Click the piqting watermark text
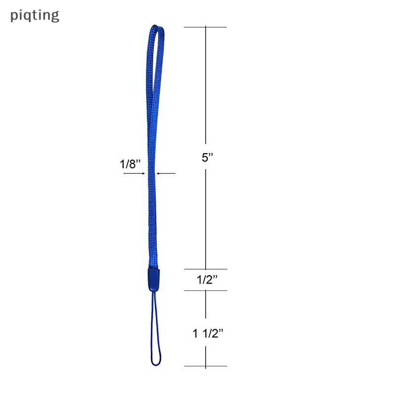coord(34,16)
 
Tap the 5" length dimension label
coord(207,158)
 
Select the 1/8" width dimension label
coord(130,164)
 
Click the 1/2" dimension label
coord(207,280)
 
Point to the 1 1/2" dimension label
coord(208,333)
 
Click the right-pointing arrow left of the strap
coord(134,173)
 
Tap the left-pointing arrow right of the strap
coord(166,173)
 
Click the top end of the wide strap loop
coord(155,26)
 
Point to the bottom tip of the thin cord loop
coord(156,365)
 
